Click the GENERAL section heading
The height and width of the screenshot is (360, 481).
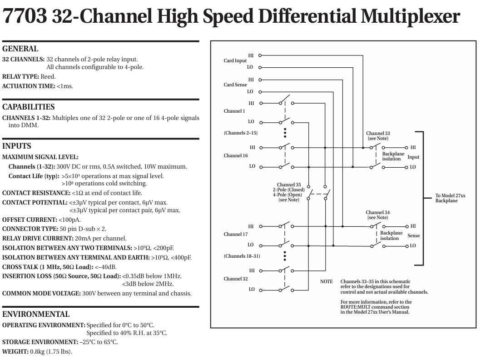[x=20, y=49]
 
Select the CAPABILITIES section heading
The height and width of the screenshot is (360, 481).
[x=29, y=107]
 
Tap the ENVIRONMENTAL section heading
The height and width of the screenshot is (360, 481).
[x=36, y=314]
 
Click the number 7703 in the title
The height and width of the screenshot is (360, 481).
[x=25, y=16]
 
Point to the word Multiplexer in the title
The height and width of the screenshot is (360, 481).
[x=411, y=16]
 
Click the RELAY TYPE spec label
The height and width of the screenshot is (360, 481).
[x=20, y=77]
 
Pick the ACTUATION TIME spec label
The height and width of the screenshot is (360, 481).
[x=29, y=86]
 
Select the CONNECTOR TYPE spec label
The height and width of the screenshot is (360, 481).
[x=30, y=229]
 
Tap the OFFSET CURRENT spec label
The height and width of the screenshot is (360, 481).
[x=30, y=220]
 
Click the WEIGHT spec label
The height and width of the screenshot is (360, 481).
[x=15, y=352]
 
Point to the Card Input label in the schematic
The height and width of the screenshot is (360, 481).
[x=235, y=61]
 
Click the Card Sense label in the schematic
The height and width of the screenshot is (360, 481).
[x=235, y=85]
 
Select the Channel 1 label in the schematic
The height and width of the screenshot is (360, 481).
[x=234, y=111]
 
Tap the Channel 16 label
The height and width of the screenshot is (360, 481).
[x=236, y=155]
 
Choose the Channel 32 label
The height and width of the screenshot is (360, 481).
[x=236, y=279]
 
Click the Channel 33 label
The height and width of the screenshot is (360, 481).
[x=378, y=133]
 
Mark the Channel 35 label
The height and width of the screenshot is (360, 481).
[x=289, y=185]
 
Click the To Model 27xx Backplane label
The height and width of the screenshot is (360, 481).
[x=450, y=198]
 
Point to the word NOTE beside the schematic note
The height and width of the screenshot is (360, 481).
[x=327, y=281]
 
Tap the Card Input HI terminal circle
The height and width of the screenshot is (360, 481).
[x=260, y=55]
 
